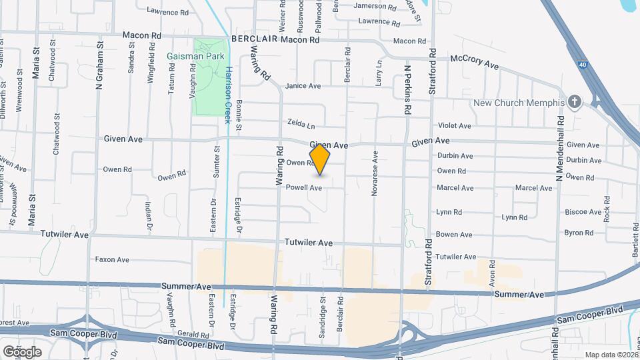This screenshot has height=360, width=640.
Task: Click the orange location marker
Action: click(x=320, y=159)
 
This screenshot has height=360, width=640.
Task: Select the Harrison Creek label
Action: click(x=228, y=91)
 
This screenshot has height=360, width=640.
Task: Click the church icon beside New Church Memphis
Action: click(x=575, y=102)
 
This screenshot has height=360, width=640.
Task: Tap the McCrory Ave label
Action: click(x=475, y=61)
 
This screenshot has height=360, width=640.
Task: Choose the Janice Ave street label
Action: click(x=303, y=86)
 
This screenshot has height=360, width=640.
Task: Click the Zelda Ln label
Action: click(x=301, y=124)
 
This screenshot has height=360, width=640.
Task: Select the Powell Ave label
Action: click(x=304, y=188)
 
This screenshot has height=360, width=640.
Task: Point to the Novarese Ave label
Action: click(x=375, y=173)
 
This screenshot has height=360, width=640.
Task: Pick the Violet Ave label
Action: click(x=454, y=125)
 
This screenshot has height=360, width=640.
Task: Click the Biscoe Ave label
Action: click(x=583, y=212)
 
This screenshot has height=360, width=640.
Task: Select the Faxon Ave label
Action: click(x=112, y=259)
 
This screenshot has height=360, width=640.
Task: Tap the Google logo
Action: click(x=22, y=351)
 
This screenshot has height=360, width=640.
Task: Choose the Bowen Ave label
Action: click(x=454, y=235)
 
